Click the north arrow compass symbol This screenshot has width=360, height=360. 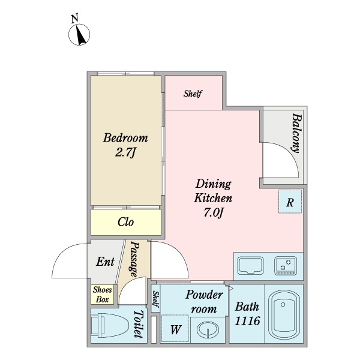coord(79,34)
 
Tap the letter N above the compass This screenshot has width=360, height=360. coord(74,18)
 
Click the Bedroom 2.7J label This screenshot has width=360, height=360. coord(125,145)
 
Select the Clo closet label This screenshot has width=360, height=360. coord(125,222)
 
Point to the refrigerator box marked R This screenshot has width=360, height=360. coord(290,202)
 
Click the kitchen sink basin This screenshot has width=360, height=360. coord(250,265)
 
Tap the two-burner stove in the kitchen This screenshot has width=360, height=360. coord(286,266)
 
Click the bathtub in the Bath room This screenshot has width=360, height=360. coord(284,314)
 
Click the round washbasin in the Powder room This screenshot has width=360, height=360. coord(208,329)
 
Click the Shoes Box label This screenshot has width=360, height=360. coord(103,295)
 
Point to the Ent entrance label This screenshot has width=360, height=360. coord(105,262)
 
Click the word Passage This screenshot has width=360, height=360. coord(134,259)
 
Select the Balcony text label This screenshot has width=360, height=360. coord(296,133)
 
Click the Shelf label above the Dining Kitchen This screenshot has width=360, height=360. coord(193,94)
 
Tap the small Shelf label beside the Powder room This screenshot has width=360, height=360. coord(155,299)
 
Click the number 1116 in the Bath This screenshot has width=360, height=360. coord(247,321)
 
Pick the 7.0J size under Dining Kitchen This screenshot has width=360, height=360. coord(213,213)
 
